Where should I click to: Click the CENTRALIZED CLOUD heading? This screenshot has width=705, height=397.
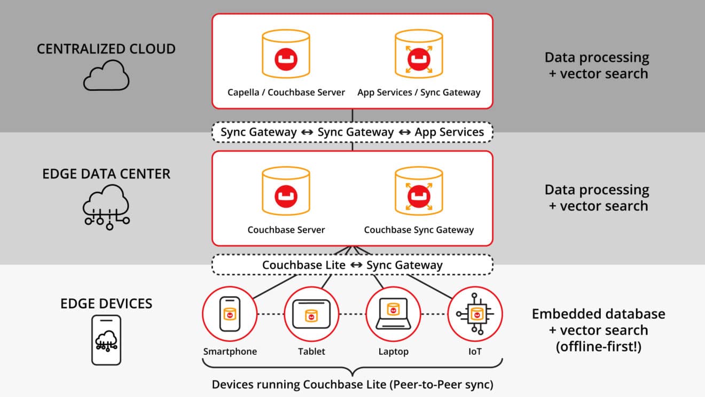106,49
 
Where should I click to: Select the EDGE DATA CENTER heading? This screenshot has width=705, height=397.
106,174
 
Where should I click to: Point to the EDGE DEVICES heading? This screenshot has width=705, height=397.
106,303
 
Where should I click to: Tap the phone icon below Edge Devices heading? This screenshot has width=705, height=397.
106,340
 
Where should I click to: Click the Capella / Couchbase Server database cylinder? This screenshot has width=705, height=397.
286,53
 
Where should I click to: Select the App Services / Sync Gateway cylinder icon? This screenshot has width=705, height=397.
419,53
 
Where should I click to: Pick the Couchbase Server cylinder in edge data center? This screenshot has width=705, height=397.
286,190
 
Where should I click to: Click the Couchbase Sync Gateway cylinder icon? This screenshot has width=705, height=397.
419,190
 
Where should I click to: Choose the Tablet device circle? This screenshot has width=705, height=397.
311,314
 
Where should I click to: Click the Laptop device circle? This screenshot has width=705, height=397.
393,314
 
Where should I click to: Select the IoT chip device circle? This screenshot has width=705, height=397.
475,314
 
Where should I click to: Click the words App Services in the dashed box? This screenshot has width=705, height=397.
449,132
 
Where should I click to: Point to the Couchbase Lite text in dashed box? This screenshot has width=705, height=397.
303,265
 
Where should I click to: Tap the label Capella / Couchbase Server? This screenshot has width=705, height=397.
286,92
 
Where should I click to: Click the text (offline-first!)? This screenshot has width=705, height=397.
598,346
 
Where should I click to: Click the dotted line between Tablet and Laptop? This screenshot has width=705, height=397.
352,314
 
